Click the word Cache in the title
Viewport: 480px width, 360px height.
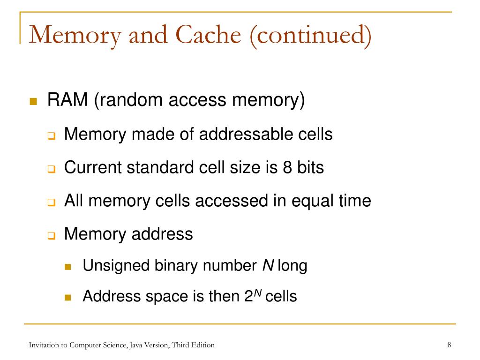(x=209, y=35)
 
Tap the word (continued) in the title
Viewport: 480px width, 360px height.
(x=311, y=36)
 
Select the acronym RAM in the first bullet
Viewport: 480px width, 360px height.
(x=67, y=100)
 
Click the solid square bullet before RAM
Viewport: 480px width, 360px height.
(x=33, y=101)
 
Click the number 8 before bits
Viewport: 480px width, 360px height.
(x=287, y=167)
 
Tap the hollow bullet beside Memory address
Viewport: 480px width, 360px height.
(x=52, y=235)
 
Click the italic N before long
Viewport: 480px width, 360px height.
(x=268, y=265)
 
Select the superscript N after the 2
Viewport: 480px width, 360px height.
(x=258, y=293)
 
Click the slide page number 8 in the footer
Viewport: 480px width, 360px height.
(x=449, y=345)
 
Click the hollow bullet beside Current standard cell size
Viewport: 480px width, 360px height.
(x=52, y=169)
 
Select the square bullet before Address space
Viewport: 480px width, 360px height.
(x=68, y=297)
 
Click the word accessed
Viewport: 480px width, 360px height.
(x=232, y=201)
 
